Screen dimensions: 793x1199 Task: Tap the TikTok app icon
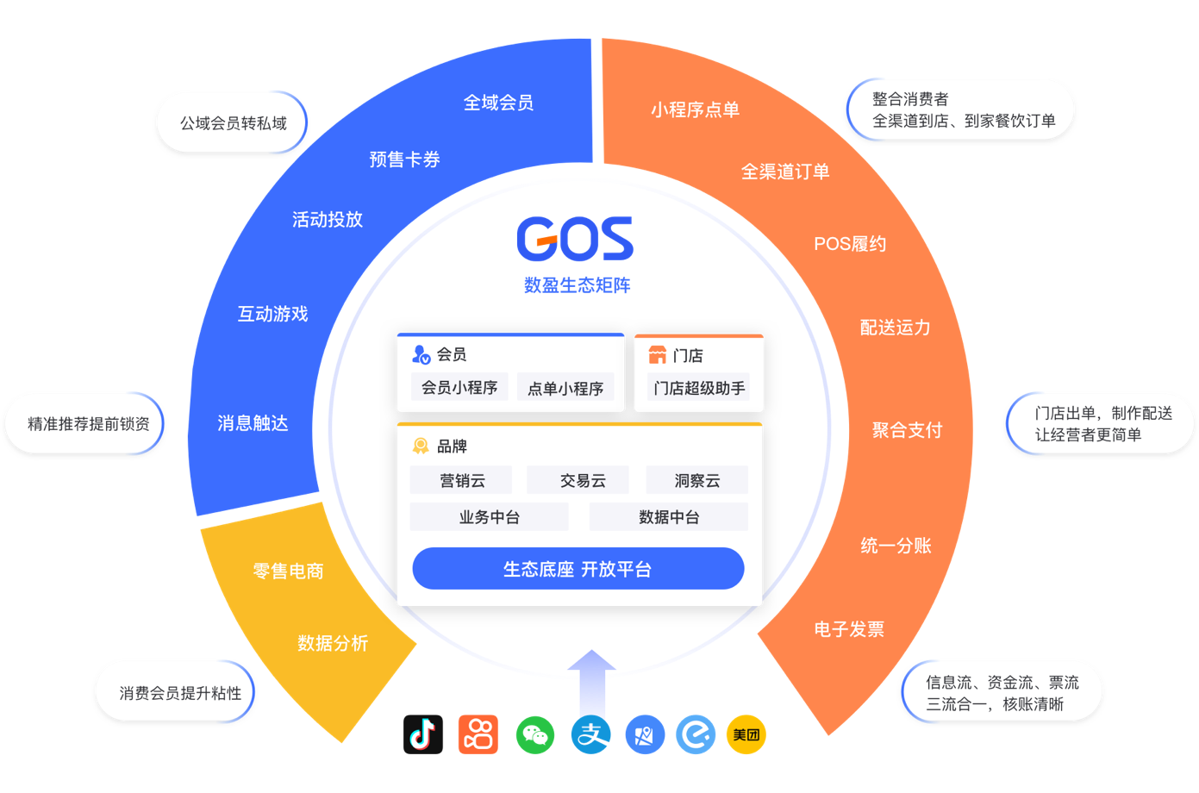(423, 734)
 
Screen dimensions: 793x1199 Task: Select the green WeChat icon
(534, 734)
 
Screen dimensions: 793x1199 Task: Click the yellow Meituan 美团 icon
(746, 734)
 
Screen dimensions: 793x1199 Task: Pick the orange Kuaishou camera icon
(478, 734)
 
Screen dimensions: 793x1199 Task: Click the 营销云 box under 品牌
(461, 480)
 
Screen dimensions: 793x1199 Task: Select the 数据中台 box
(668, 517)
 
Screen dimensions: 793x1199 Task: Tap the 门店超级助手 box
(699, 388)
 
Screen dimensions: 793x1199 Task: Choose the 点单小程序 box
(565, 388)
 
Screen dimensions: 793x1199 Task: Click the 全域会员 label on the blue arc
(498, 103)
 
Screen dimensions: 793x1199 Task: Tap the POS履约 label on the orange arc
(850, 244)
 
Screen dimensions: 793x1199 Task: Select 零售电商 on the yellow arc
(288, 571)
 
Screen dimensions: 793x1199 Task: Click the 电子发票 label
(849, 629)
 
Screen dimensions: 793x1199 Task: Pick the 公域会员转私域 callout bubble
(233, 123)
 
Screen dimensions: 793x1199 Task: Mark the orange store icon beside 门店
(657, 354)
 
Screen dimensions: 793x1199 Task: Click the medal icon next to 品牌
(421, 446)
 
